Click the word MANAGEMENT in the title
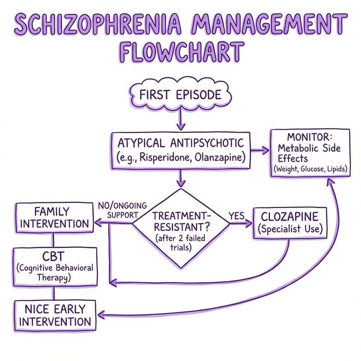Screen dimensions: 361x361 coord(268,23)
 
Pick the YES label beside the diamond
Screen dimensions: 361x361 coord(237,216)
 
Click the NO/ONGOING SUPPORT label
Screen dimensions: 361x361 coord(122,210)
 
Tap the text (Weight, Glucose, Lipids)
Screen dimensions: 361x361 coord(310,169)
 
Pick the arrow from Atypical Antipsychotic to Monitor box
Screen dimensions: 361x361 coord(260,151)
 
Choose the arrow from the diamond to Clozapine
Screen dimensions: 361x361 coord(241,223)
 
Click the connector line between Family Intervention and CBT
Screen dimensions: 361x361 coord(53,240)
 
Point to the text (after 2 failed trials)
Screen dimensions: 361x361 coord(180,243)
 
